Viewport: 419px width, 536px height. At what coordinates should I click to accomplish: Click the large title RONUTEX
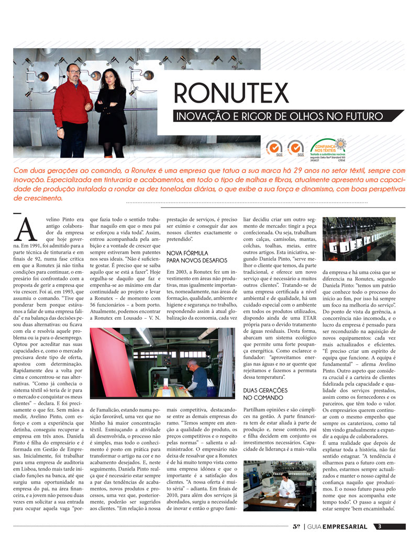(x=231, y=93)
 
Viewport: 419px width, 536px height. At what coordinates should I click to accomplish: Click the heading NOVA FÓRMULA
(x=184, y=253)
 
